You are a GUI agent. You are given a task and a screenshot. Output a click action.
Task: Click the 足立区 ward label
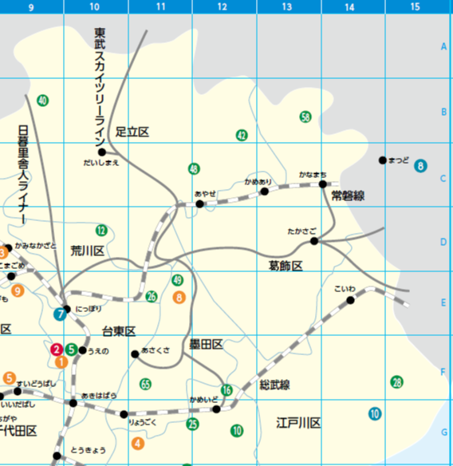[x=132, y=131]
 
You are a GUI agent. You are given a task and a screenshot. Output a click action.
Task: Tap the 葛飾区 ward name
[x=285, y=265]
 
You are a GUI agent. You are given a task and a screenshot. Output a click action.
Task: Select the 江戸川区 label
[x=298, y=422]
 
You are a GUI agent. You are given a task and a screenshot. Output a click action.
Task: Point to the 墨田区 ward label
[x=206, y=344]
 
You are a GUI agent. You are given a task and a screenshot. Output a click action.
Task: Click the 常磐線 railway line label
[x=348, y=195]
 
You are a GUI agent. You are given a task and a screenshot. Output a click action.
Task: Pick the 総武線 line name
[x=274, y=385]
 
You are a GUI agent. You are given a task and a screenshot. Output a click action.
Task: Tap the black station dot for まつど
[x=382, y=160]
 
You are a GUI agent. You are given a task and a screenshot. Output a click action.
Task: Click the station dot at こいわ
[x=350, y=300]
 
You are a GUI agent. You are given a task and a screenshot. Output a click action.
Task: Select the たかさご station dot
[x=314, y=240]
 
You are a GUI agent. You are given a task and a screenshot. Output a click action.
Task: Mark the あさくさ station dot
[x=135, y=355]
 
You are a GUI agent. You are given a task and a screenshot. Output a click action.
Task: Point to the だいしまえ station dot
[x=101, y=152]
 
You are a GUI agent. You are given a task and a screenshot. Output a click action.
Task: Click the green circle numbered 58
[x=305, y=117]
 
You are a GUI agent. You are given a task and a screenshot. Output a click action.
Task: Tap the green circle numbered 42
[x=242, y=135]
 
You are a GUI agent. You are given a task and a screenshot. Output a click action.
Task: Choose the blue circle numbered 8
[x=420, y=166]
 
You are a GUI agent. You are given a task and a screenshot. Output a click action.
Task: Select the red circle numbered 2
[x=57, y=349]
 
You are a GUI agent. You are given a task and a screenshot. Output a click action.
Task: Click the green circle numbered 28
[x=396, y=382]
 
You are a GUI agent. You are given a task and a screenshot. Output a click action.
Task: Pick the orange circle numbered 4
[x=138, y=443]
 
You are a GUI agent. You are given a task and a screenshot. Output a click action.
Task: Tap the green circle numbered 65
[x=145, y=384]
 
